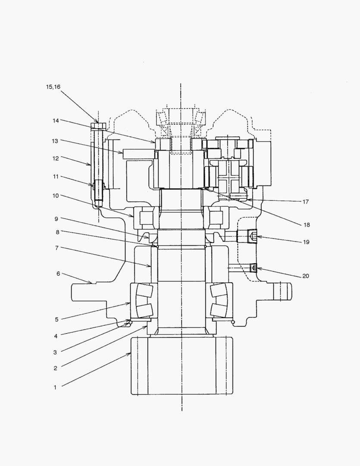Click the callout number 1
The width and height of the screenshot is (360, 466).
tap(55, 387)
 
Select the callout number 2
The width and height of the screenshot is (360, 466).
tap(55, 368)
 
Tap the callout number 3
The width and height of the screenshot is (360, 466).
tap(55, 352)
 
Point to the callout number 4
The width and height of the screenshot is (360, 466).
tap(55, 336)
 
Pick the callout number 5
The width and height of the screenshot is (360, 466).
tap(56, 320)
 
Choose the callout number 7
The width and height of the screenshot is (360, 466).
tap(56, 248)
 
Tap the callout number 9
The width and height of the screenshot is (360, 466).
tap(56, 218)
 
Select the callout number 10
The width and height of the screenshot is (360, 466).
tap(56, 195)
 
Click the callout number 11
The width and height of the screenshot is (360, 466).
tap(55, 176)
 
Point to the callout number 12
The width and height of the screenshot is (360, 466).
tap(55, 158)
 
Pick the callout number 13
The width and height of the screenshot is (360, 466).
tap(55, 141)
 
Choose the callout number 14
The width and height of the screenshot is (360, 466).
tap(55, 121)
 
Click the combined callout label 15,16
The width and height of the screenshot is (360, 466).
tap(53, 87)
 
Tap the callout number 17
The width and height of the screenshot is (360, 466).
tap(306, 202)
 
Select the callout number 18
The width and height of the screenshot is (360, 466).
tap(307, 225)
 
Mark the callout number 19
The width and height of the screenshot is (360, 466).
tap(306, 242)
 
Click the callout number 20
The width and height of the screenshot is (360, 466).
tap(306, 276)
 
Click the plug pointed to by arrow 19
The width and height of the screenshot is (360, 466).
tap(252, 236)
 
